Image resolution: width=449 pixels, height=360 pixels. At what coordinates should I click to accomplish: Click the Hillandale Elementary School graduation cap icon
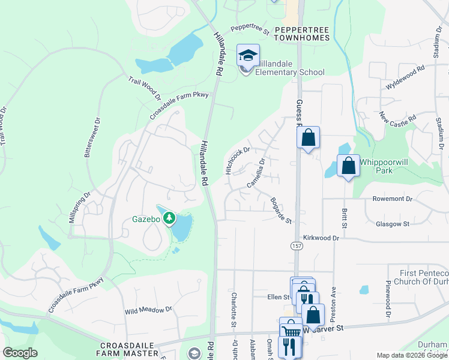tap(248, 56)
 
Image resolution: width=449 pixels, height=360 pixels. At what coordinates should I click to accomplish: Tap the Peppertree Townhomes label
tap(303, 33)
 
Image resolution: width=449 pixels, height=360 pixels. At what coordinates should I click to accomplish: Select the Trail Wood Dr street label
tap(145, 88)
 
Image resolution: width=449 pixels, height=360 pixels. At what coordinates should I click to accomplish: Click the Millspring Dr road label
tap(79, 208)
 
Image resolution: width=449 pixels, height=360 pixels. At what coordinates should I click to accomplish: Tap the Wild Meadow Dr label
tap(148, 311)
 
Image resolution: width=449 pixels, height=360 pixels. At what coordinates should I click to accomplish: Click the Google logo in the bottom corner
tap(20, 352)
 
